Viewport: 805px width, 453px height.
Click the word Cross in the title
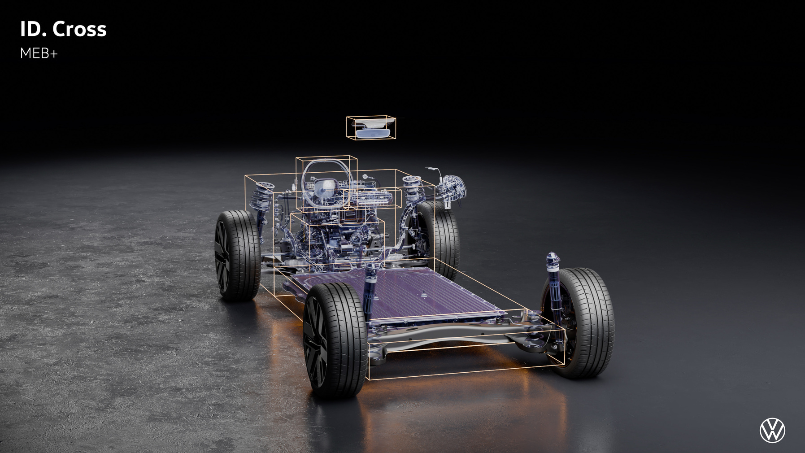click(x=79, y=29)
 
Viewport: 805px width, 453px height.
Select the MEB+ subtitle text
click(x=39, y=53)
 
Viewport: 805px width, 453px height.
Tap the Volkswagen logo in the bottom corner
click(x=772, y=431)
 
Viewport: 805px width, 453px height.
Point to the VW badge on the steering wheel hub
click(x=326, y=185)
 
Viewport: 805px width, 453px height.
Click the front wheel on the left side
click(x=237, y=255)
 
